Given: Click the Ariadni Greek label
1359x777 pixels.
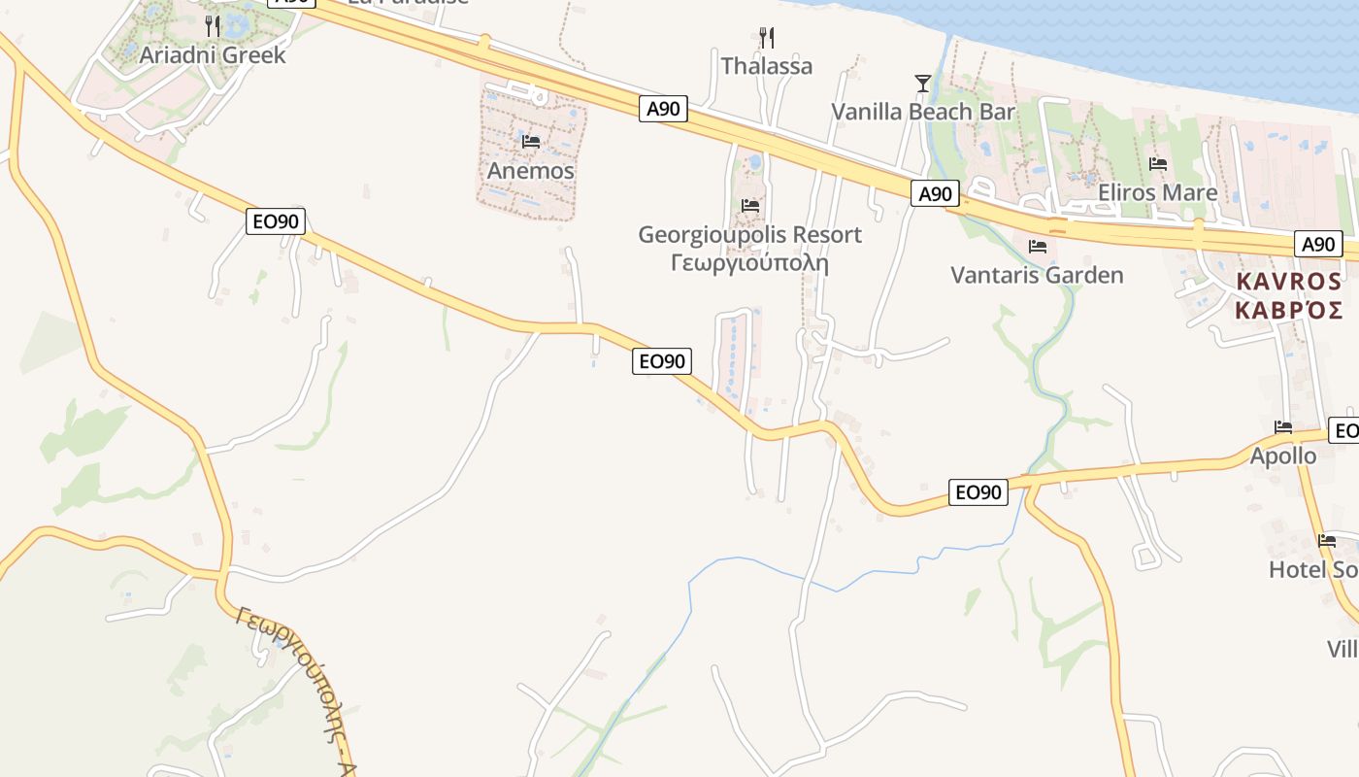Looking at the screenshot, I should click(213, 54).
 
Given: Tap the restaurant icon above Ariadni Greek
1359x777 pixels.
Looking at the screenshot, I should click(213, 25).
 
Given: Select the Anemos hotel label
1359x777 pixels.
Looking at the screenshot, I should click(530, 171).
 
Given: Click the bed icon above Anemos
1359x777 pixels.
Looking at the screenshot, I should click(530, 142).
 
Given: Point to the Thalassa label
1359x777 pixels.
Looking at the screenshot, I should click(767, 66).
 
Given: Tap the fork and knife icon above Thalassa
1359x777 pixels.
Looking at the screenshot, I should click(767, 38).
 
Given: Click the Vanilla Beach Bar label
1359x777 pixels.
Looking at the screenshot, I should click(923, 112).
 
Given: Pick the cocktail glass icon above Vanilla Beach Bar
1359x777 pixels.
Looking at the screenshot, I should click(923, 84).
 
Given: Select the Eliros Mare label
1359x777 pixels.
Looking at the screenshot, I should click(1157, 192).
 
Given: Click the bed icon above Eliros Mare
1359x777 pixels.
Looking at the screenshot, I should click(1157, 164).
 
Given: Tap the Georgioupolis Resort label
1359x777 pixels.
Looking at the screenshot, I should click(749, 235).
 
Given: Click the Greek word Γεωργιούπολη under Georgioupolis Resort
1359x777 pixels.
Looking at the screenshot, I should click(749, 262).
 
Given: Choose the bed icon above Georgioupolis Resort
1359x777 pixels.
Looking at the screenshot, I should click(749, 206).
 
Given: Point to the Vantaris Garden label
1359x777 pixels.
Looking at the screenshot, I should click(1037, 275).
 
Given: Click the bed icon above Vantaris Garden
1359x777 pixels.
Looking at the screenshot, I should click(1037, 247).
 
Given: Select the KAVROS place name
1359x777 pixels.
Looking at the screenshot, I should click(1288, 282).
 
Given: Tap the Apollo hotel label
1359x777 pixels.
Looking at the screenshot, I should click(1283, 456).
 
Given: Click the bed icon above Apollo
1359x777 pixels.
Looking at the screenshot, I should click(1283, 427).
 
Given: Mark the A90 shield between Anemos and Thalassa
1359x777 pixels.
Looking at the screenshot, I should click(664, 109).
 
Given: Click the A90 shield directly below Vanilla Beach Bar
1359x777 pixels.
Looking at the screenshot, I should click(936, 194).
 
